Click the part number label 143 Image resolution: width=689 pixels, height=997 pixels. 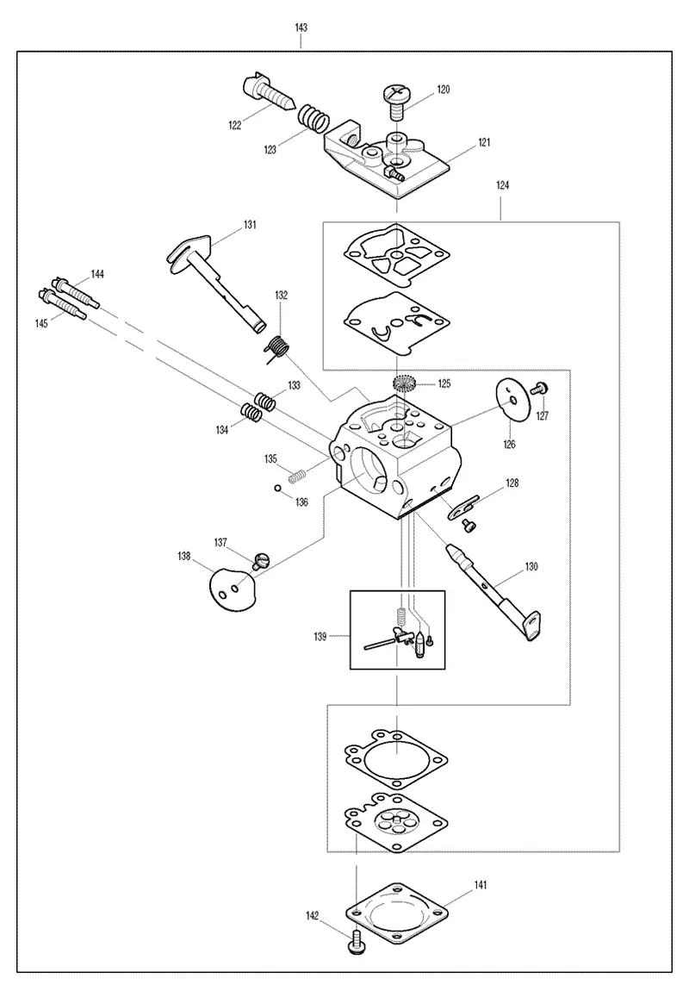301,28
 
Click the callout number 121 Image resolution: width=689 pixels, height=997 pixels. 484,142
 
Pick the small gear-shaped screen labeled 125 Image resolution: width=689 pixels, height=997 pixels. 403,384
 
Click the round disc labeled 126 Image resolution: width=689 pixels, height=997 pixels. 512,400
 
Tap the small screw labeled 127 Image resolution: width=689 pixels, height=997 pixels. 543,387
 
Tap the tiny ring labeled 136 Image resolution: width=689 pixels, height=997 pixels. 278,489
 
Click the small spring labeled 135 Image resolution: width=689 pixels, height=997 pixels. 297,474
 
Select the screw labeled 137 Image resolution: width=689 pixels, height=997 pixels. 262,562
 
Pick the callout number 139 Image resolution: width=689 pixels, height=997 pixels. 320,637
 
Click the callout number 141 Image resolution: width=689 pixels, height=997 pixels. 481,884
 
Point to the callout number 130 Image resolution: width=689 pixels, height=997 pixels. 531,566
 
